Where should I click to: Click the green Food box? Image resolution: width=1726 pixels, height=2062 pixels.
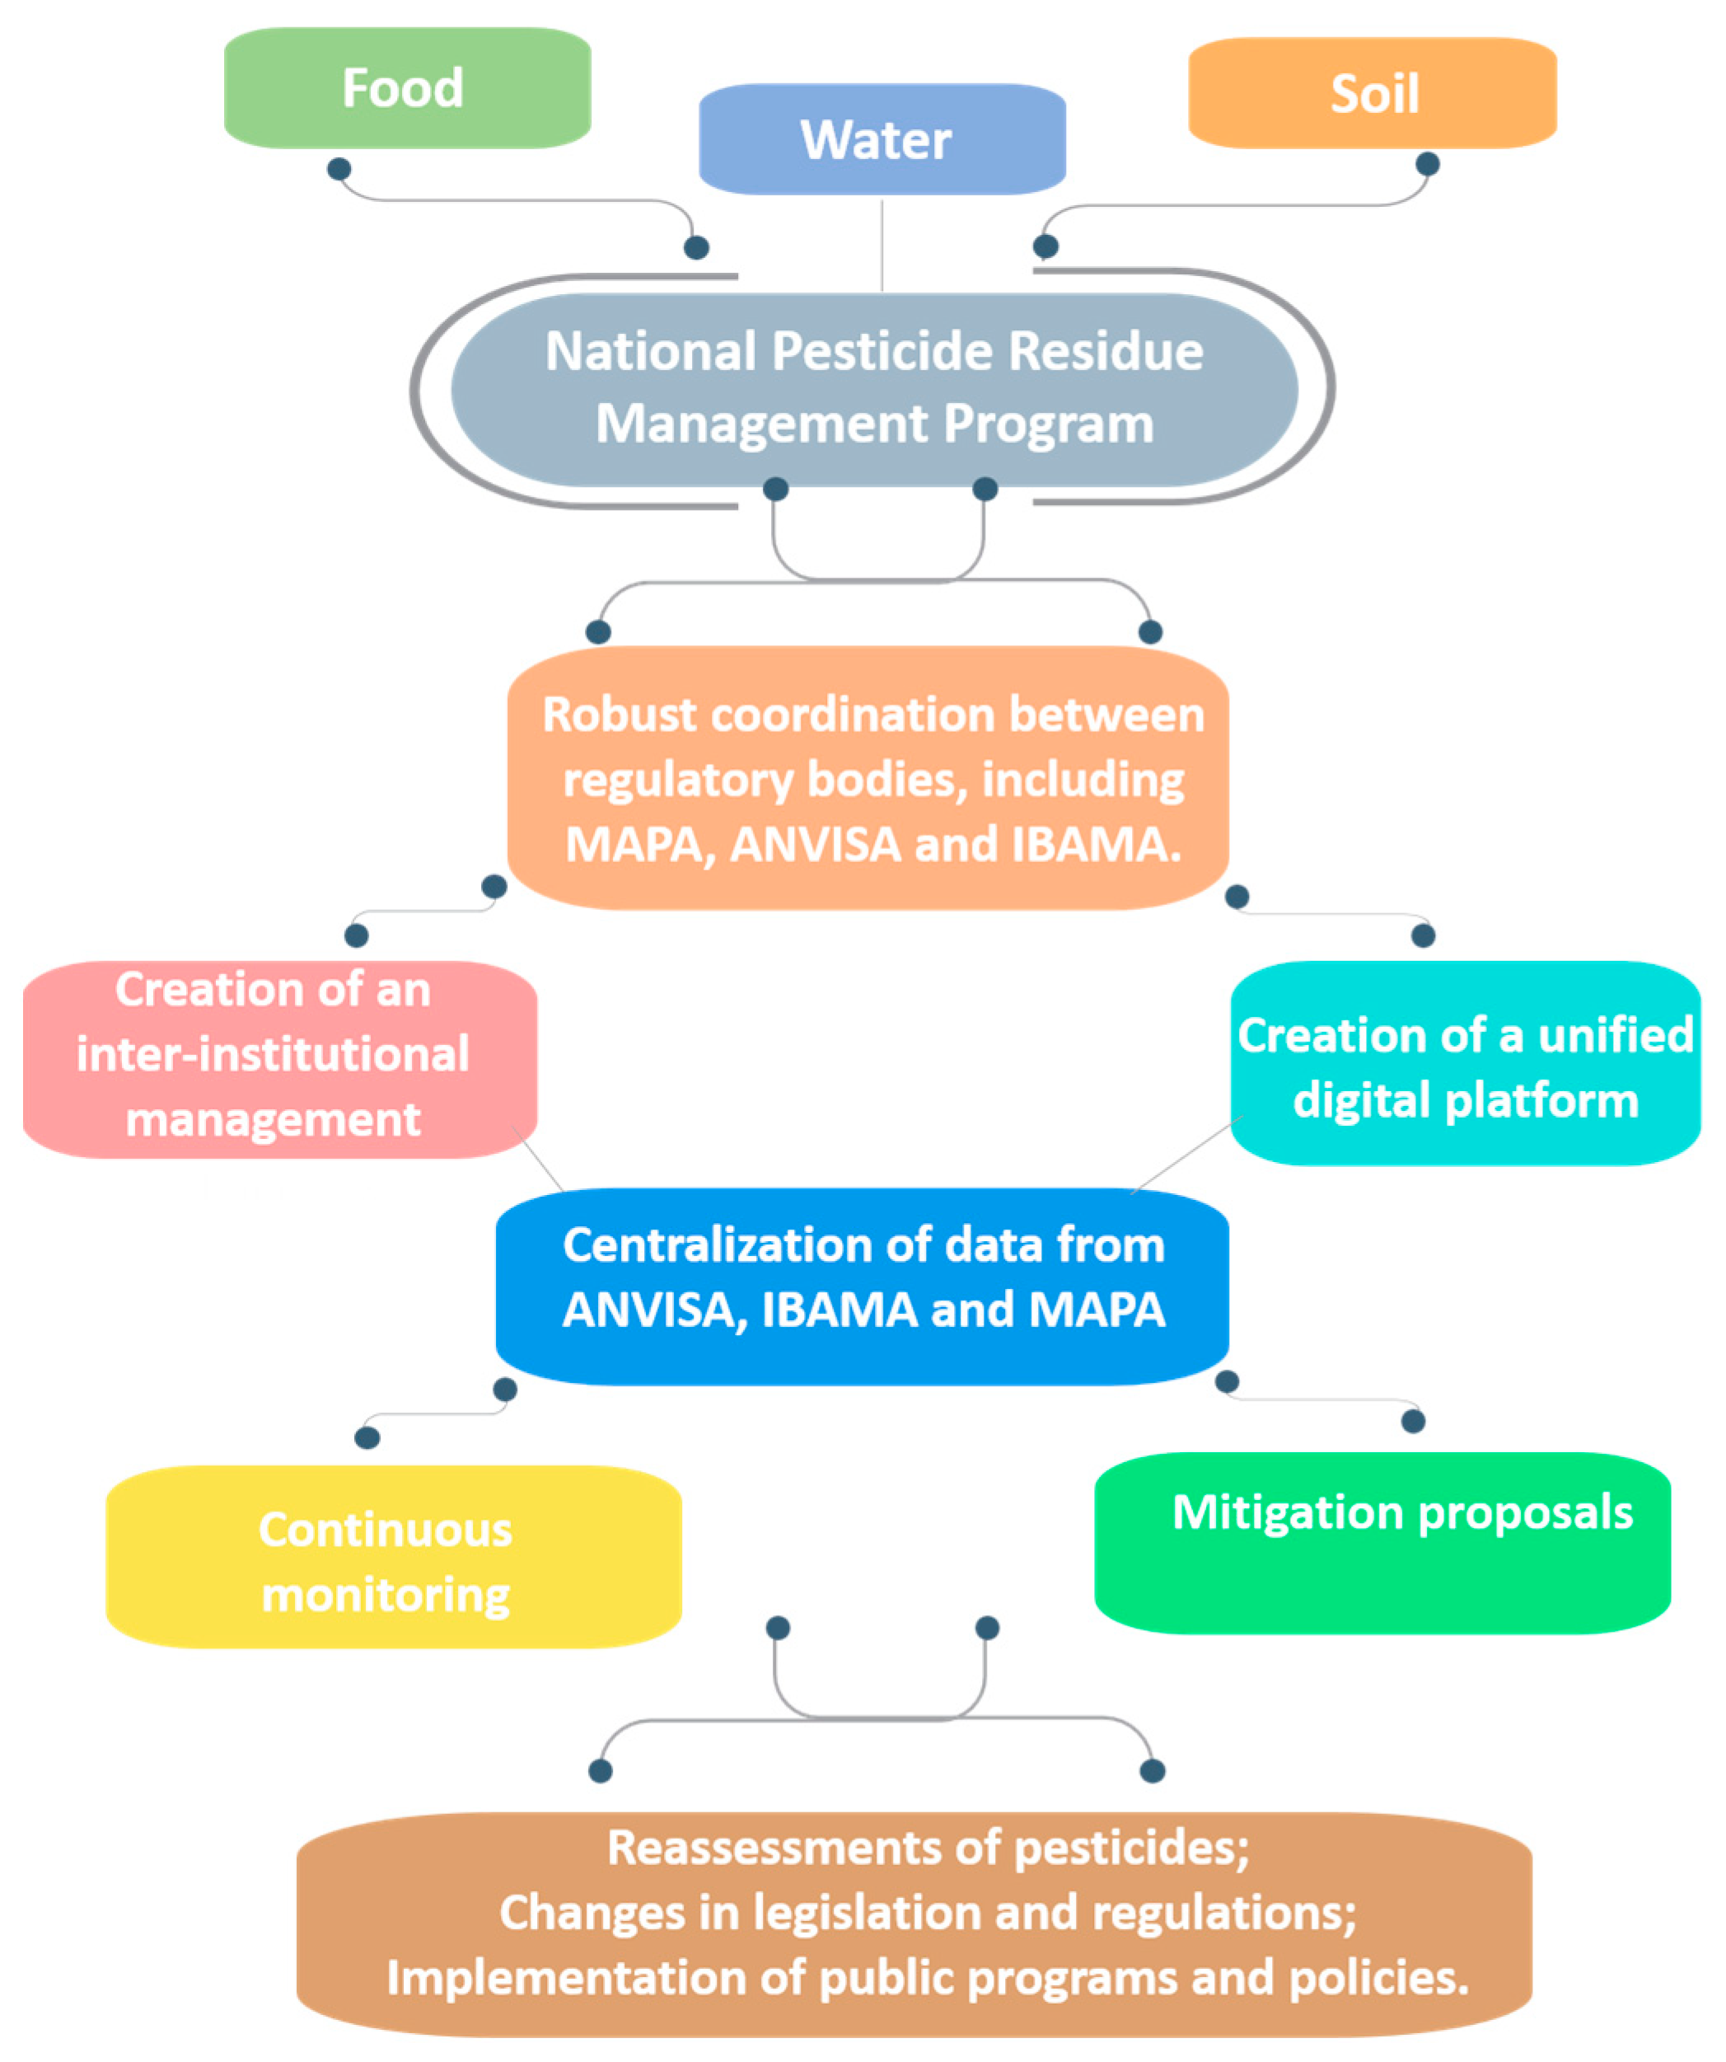406,88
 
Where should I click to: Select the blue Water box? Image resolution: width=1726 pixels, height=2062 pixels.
881,139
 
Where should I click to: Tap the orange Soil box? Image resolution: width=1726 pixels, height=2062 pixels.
1372,94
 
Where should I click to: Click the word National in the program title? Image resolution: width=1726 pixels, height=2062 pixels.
650,352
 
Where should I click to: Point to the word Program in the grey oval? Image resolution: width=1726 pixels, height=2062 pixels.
1048,424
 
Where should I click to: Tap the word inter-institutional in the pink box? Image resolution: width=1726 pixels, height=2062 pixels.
273,1055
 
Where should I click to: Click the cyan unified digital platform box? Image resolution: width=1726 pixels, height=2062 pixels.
1464,1066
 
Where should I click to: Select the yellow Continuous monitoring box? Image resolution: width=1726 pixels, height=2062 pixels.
393,1561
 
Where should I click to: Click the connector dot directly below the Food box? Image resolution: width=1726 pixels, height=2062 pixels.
339,169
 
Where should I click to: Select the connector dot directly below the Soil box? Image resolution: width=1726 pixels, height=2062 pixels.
1427,164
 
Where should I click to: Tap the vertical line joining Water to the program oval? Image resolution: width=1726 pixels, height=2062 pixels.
881,246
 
